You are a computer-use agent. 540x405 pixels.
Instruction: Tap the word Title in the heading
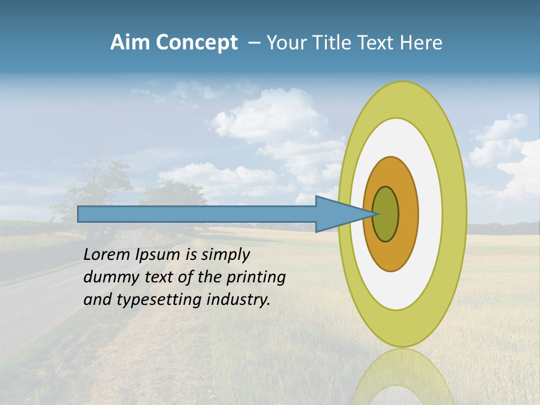click(339, 43)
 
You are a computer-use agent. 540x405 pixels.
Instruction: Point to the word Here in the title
click(421, 43)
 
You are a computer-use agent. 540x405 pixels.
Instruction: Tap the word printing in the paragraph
click(255, 277)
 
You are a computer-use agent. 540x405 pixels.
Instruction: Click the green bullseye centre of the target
click(386, 214)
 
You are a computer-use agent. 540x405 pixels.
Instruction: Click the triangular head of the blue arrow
click(337, 214)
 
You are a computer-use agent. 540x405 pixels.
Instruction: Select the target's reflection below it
click(402, 377)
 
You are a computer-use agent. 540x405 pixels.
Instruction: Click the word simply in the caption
click(225, 254)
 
